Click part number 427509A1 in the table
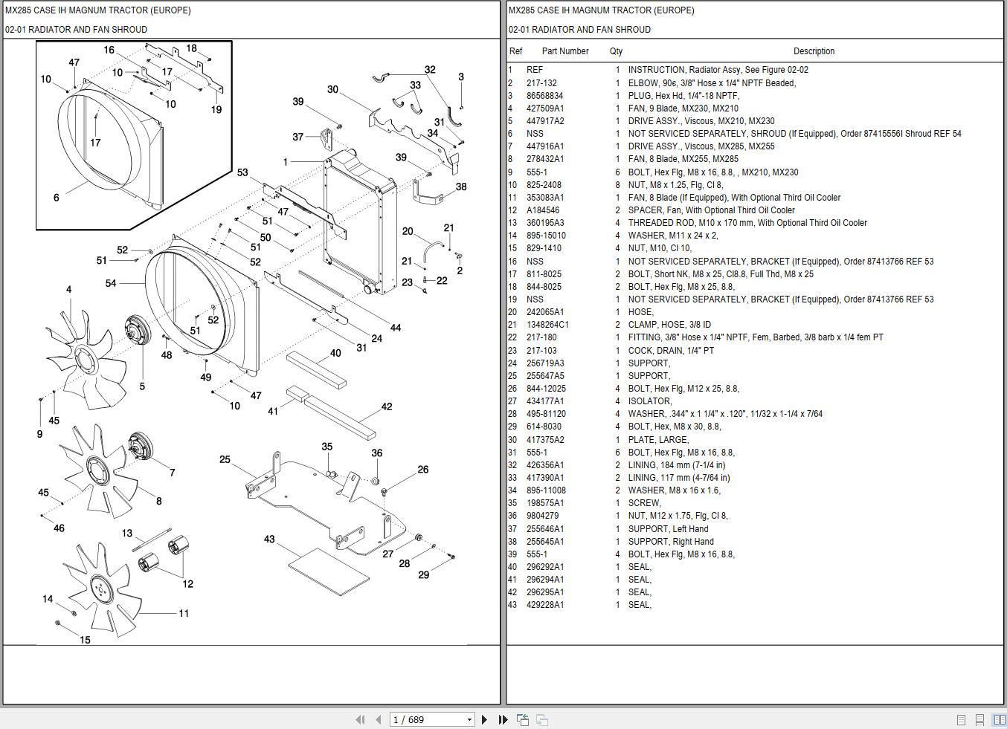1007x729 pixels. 545,108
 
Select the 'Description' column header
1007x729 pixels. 814,51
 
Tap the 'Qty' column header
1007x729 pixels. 616,51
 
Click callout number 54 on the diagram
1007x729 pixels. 111,283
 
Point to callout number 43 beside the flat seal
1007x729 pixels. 269,539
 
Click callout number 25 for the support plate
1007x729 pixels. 225,459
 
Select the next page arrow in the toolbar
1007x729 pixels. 484,719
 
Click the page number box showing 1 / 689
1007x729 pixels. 431,719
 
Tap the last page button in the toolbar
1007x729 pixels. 503,719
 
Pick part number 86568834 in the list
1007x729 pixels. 544,96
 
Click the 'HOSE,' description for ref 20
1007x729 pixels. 640,311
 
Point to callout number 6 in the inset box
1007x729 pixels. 57,197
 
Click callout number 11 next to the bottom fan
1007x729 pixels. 184,613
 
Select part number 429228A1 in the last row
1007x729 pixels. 545,605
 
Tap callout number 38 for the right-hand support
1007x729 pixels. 461,187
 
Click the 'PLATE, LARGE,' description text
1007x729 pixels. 658,440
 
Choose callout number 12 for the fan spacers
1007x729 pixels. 188,583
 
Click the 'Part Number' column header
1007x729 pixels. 565,51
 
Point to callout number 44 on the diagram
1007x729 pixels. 396,328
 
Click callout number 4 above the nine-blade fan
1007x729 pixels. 68,289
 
